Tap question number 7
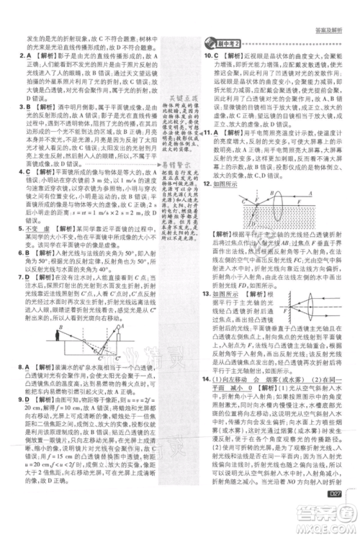pos(20,275)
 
